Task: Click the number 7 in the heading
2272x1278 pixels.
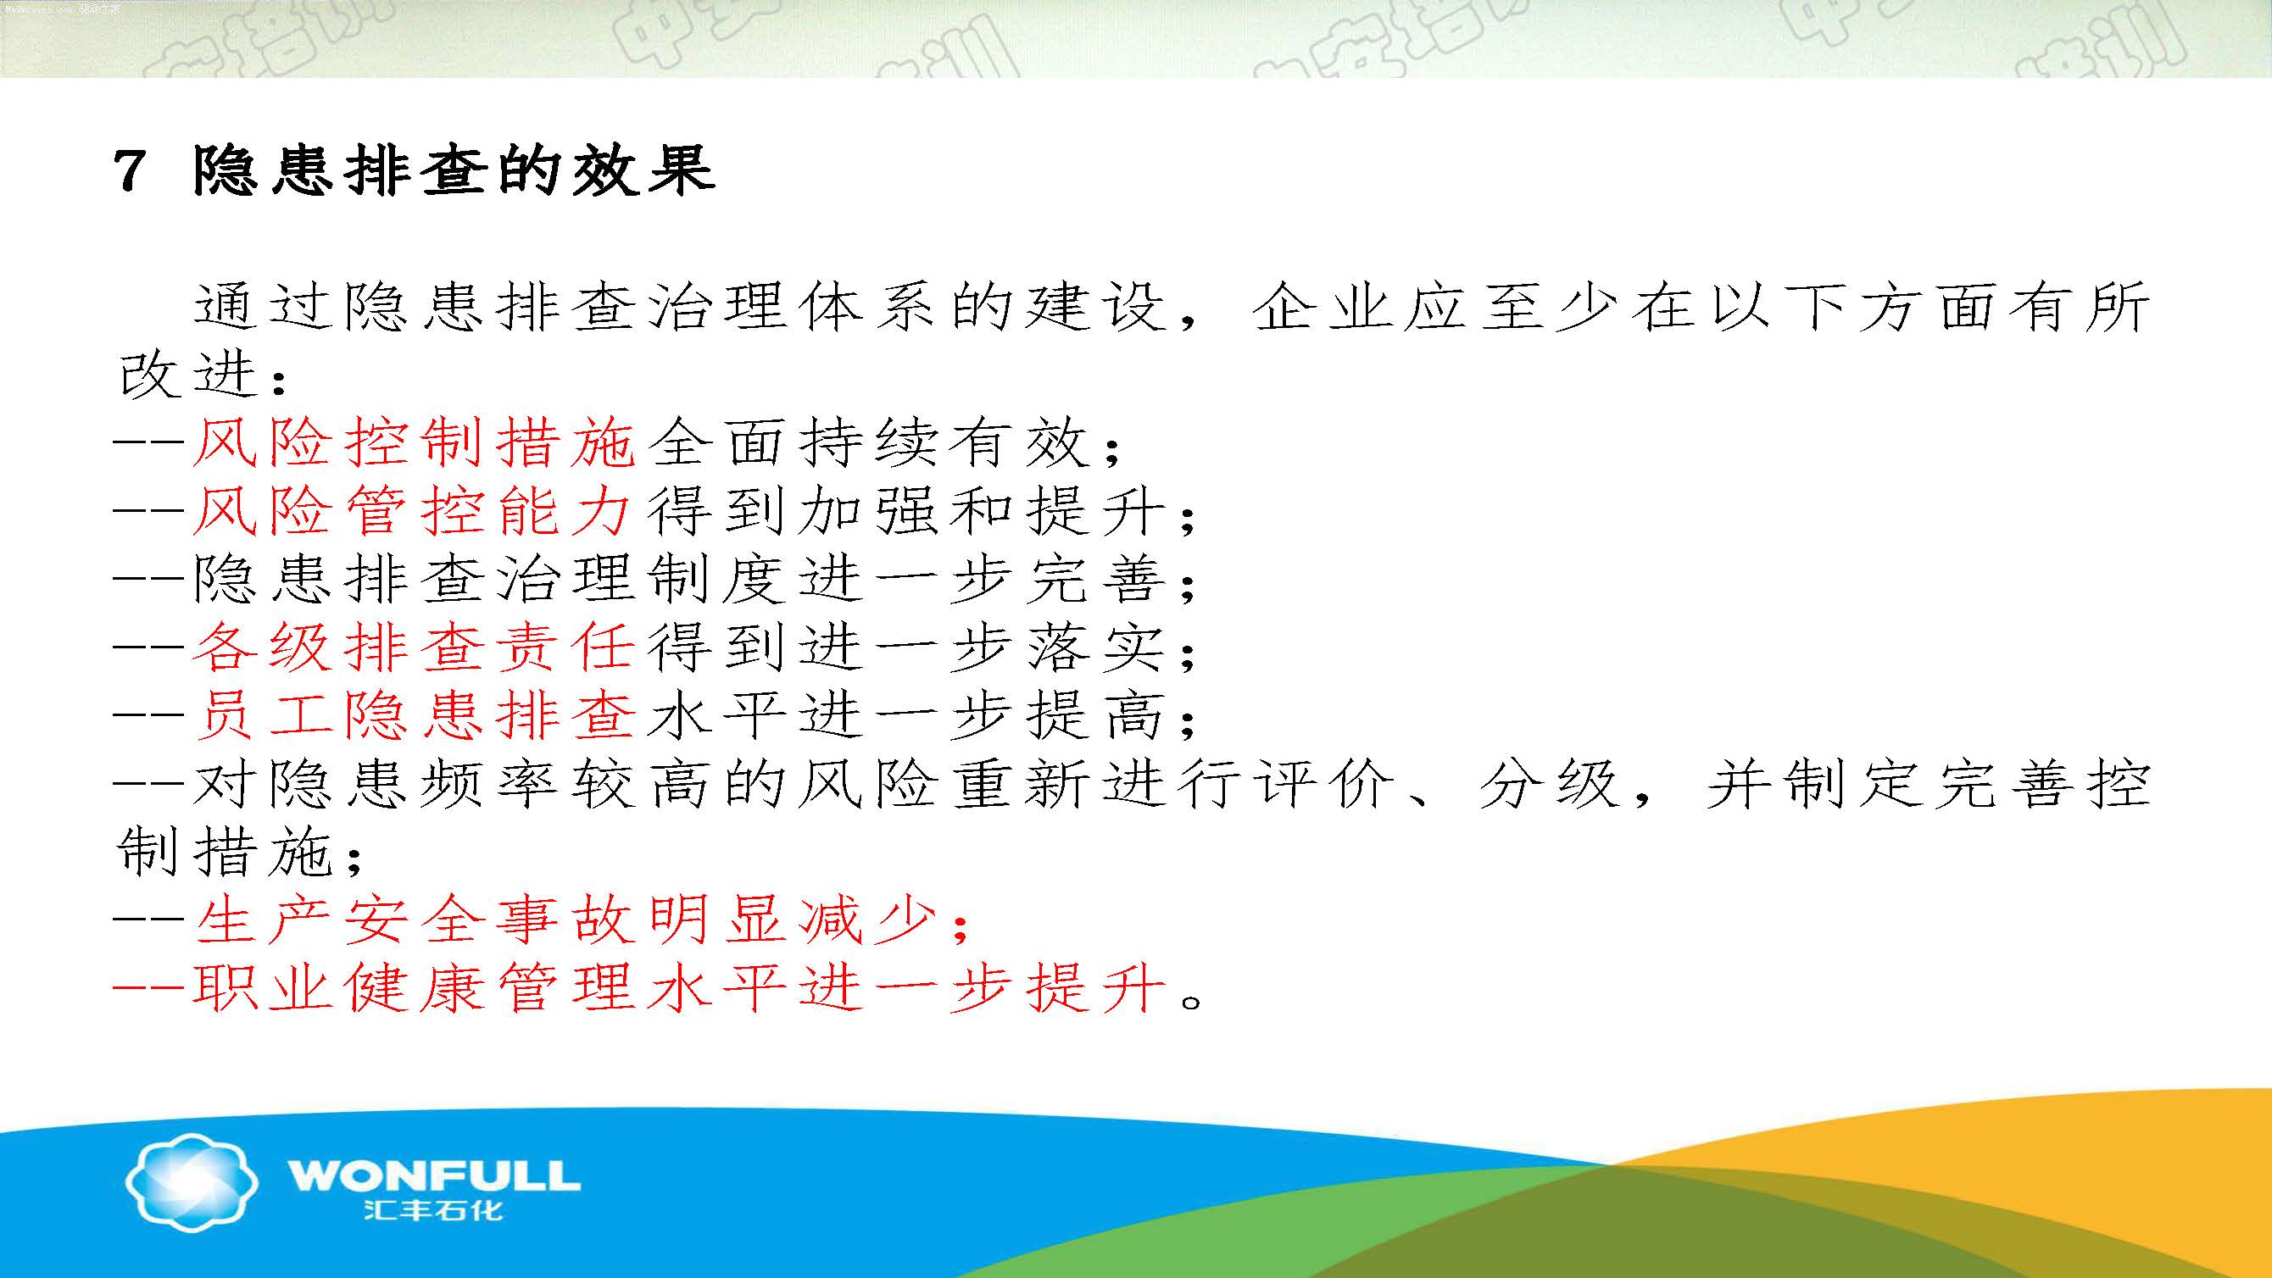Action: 129,170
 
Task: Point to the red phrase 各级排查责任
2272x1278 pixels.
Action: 414,647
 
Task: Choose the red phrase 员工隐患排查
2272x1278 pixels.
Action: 415,714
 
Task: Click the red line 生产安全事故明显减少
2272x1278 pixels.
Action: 565,920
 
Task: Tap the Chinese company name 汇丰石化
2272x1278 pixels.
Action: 433,1209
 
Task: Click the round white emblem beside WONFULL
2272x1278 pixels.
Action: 192,1181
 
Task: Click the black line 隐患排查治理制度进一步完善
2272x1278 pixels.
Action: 678,579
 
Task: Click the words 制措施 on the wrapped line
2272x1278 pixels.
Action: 224,851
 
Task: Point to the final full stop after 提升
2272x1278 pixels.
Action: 1191,1002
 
